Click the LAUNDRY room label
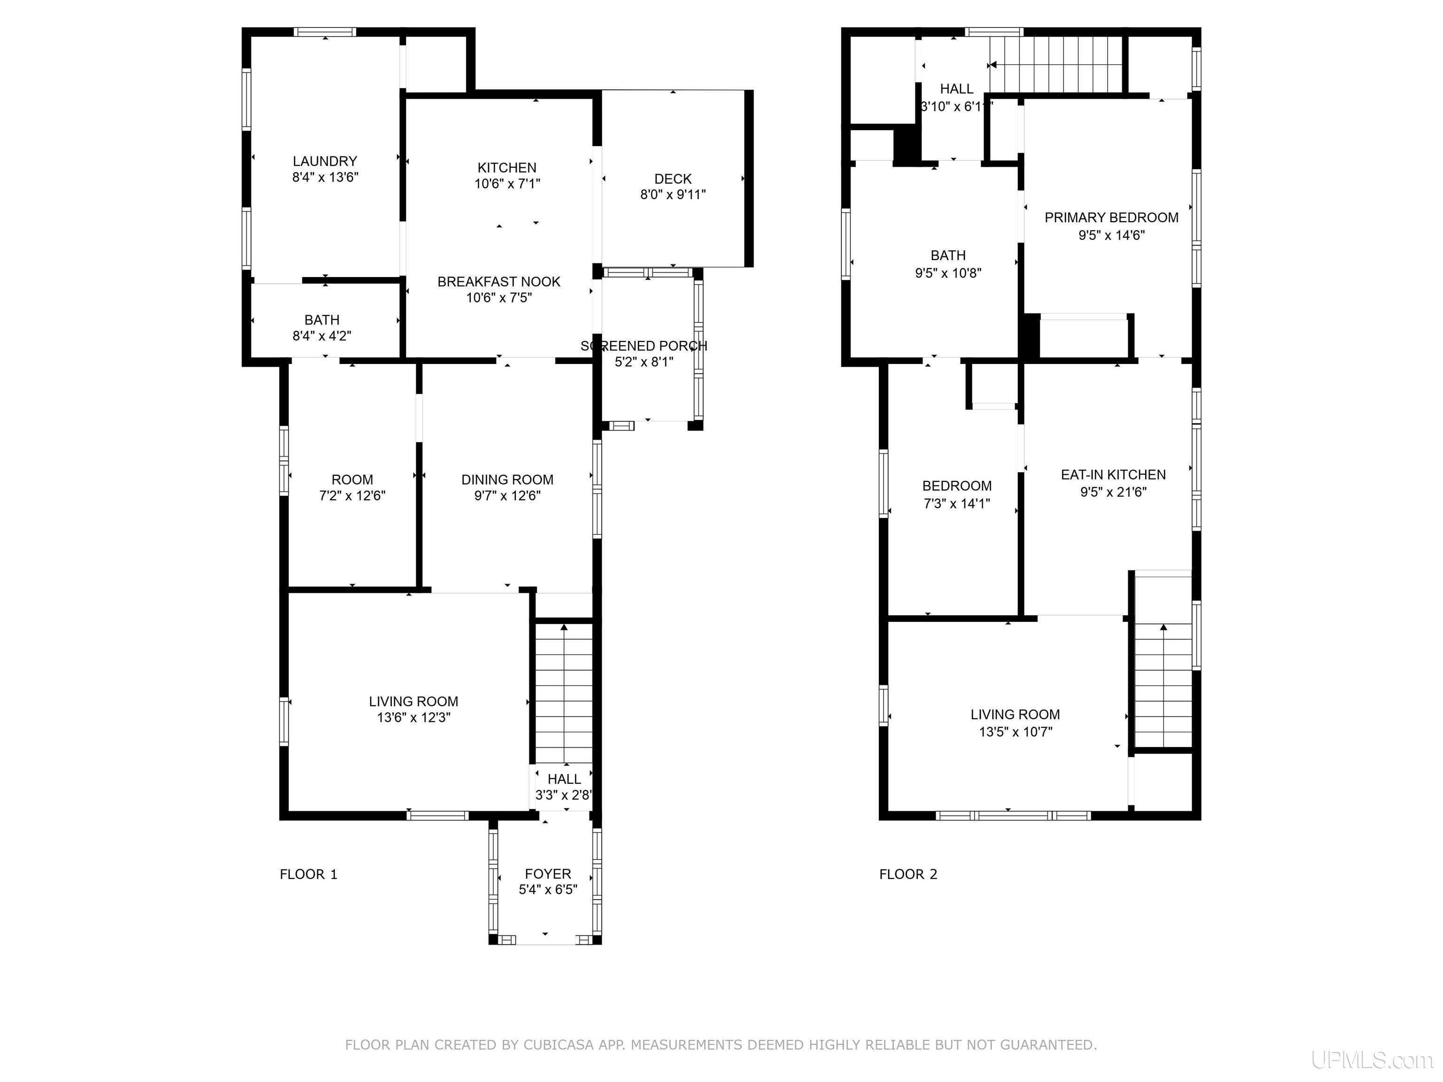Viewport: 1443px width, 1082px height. pyautogui.click(x=325, y=161)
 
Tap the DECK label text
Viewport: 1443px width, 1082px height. pyautogui.click(x=673, y=179)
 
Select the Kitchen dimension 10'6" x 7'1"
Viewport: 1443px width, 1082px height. pyautogui.click(x=507, y=184)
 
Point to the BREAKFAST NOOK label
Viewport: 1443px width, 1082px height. pyautogui.click(x=499, y=282)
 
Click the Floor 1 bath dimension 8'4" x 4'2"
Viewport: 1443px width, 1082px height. pyautogui.click(x=322, y=336)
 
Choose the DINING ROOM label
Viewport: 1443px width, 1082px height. pyautogui.click(x=507, y=479)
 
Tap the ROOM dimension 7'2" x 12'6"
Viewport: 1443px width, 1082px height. pyautogui.click(x=352, y=495)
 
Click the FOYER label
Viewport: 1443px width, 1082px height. pyautogui.click(x=548, y=874)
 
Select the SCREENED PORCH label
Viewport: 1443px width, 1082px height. pyautogui.click(x=644, y=346)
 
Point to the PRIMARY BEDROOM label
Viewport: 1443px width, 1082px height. pyautogui.click(x=1111, y=218)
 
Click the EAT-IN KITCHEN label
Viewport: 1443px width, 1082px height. pyautogui.click(x=1113, y=475)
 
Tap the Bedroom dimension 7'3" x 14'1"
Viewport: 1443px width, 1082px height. pyautogui.click(x=957, y=503)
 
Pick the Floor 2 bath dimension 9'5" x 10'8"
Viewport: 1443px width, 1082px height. pyautogui.click(x=948, y=273)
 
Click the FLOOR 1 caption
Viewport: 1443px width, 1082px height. pyautogui.click(x=309, y=874)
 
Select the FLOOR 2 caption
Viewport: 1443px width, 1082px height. pyautogui.click(x=908, y=874)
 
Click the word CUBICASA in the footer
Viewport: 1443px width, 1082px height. pyautogui.click(x=559, y=1045)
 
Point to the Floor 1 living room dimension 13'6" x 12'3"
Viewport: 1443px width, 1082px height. pyautogui.click(x=413, y=718)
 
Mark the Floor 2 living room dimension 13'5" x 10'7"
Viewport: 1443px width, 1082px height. pyautogui.click(x=1015, y=732)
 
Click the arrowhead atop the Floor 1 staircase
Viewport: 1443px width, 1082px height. pyautogui.click(x=564, y=627)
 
